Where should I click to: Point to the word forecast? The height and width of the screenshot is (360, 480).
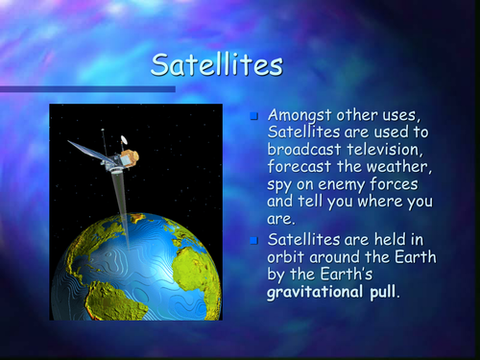(x=303, y=167)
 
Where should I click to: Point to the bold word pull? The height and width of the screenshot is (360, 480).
(x=394, y=292)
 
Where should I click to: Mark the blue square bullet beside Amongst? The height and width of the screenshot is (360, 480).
(x=255, y=116)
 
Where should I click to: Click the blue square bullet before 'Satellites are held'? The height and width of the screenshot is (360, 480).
(x=255, y=239)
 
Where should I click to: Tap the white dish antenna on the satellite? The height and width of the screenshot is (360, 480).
(x=122, y=140)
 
